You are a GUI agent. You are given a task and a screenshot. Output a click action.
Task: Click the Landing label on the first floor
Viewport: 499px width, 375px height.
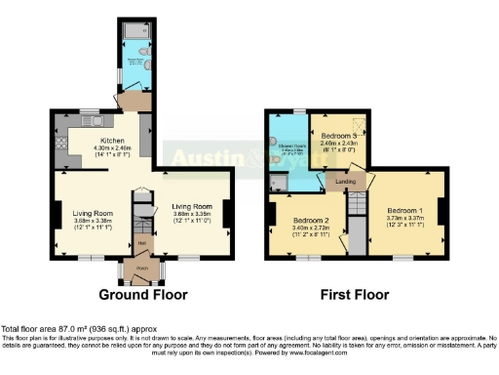coord(343,183)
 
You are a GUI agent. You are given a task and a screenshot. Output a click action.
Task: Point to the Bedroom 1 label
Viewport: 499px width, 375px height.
coord(404,210)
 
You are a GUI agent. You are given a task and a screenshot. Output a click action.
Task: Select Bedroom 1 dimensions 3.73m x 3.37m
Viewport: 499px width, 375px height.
coord(404,218)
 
